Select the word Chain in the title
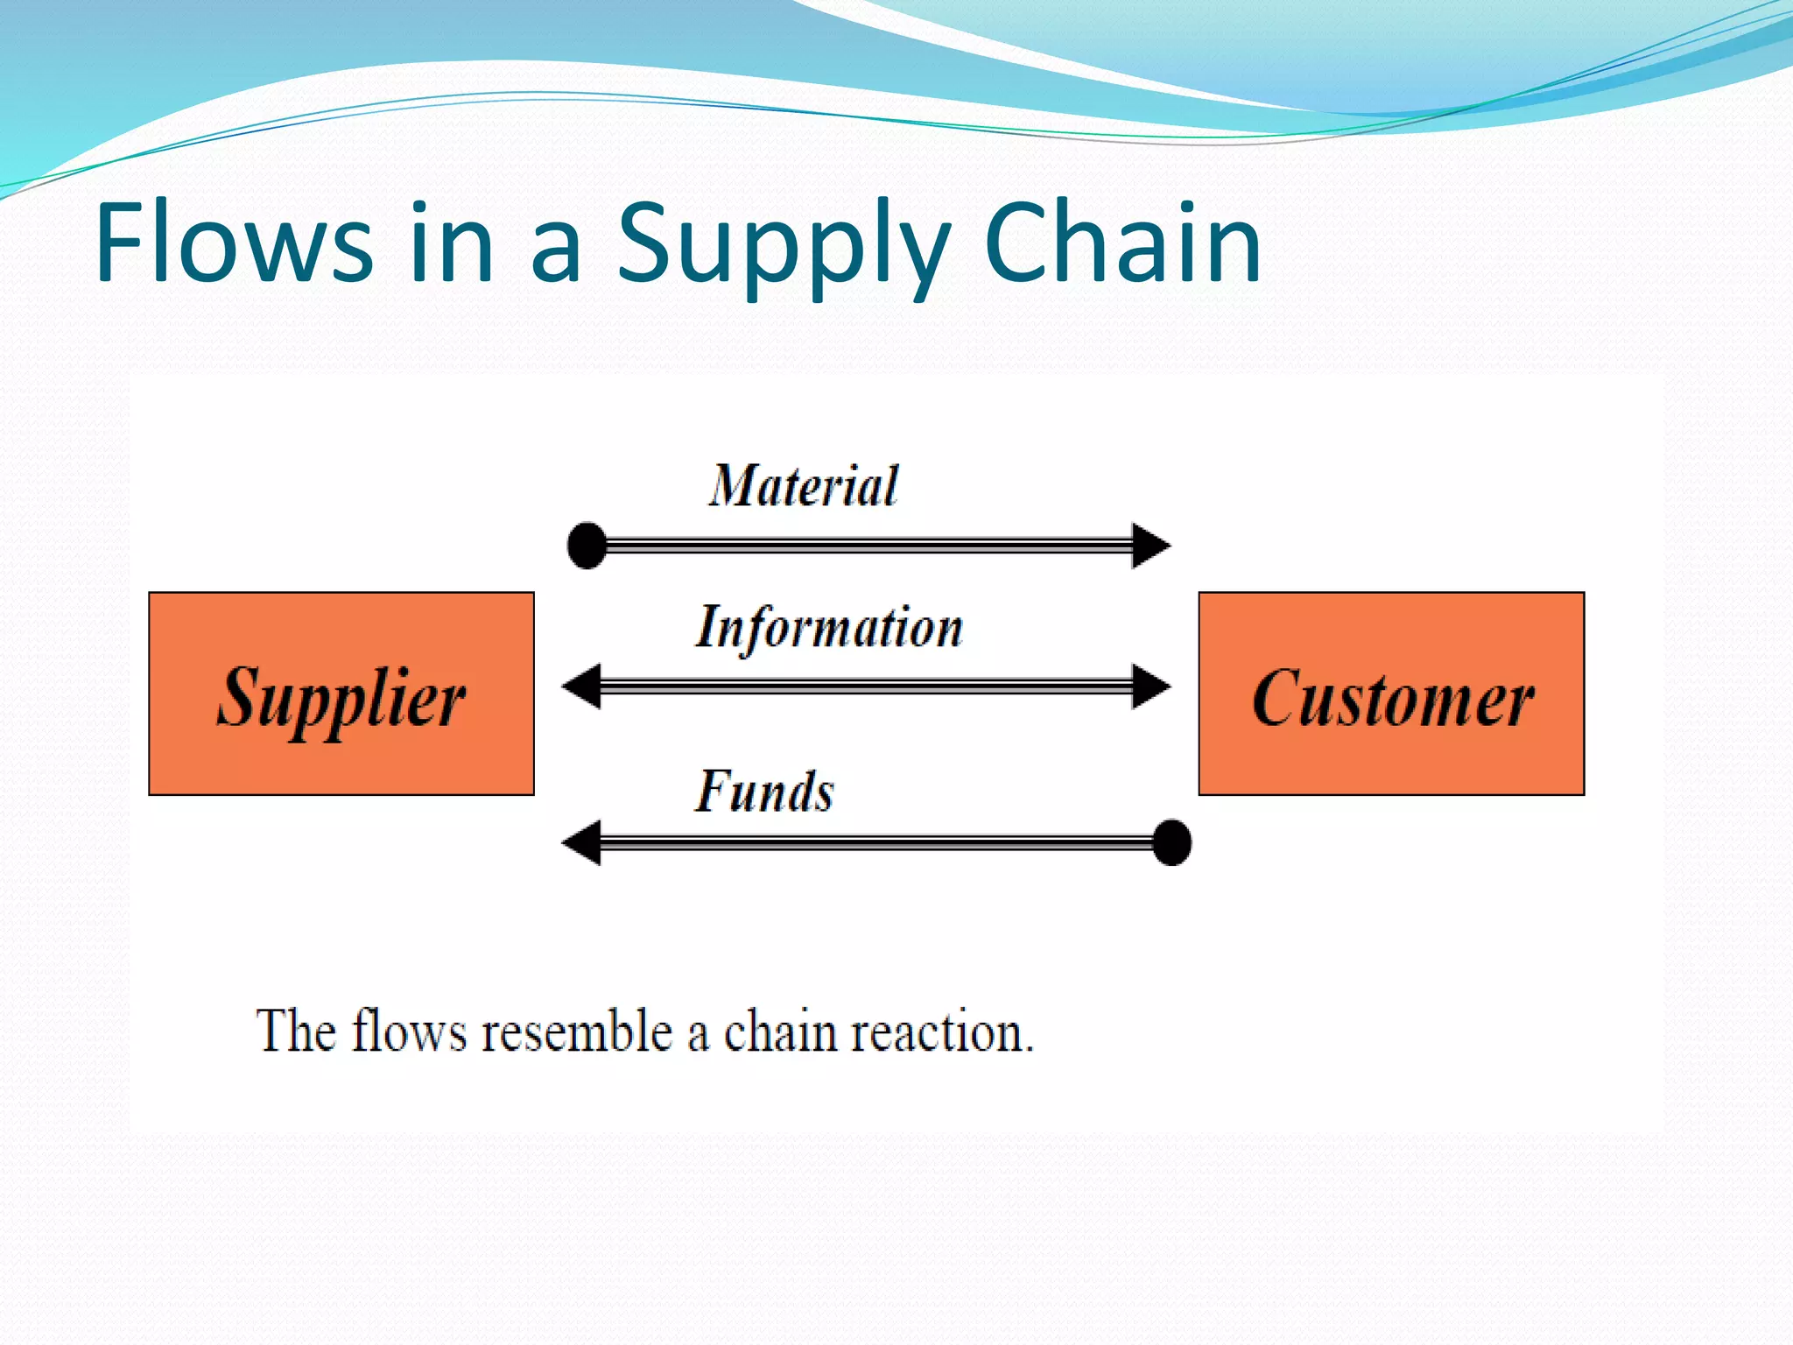1122,243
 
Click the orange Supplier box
341,694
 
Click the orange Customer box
1391,694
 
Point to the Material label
804,486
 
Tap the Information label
829,629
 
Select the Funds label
764,792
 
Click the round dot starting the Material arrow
587,546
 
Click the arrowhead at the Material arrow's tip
1150,546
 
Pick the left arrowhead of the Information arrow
581,686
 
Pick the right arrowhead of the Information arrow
1150,686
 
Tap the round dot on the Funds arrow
1171,842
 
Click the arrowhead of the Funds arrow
581,842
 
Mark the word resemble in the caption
576,1031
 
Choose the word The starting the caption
296,1031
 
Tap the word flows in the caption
409,1031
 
